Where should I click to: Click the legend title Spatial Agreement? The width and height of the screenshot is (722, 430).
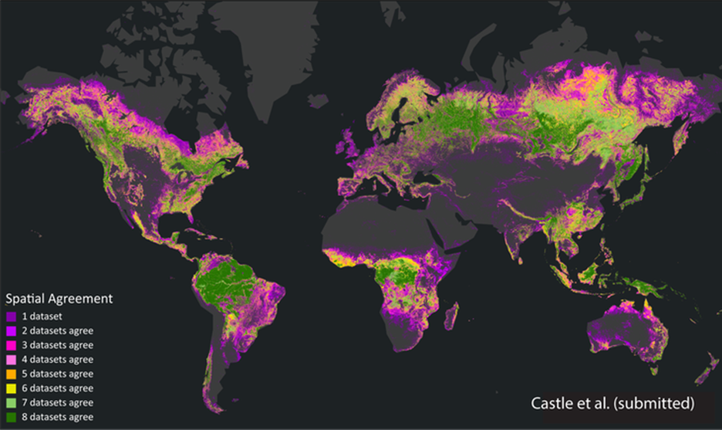coord(59,298)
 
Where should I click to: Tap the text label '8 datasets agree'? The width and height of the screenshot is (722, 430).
coord(58,417)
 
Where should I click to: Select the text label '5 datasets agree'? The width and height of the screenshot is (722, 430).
coord(58,374)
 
